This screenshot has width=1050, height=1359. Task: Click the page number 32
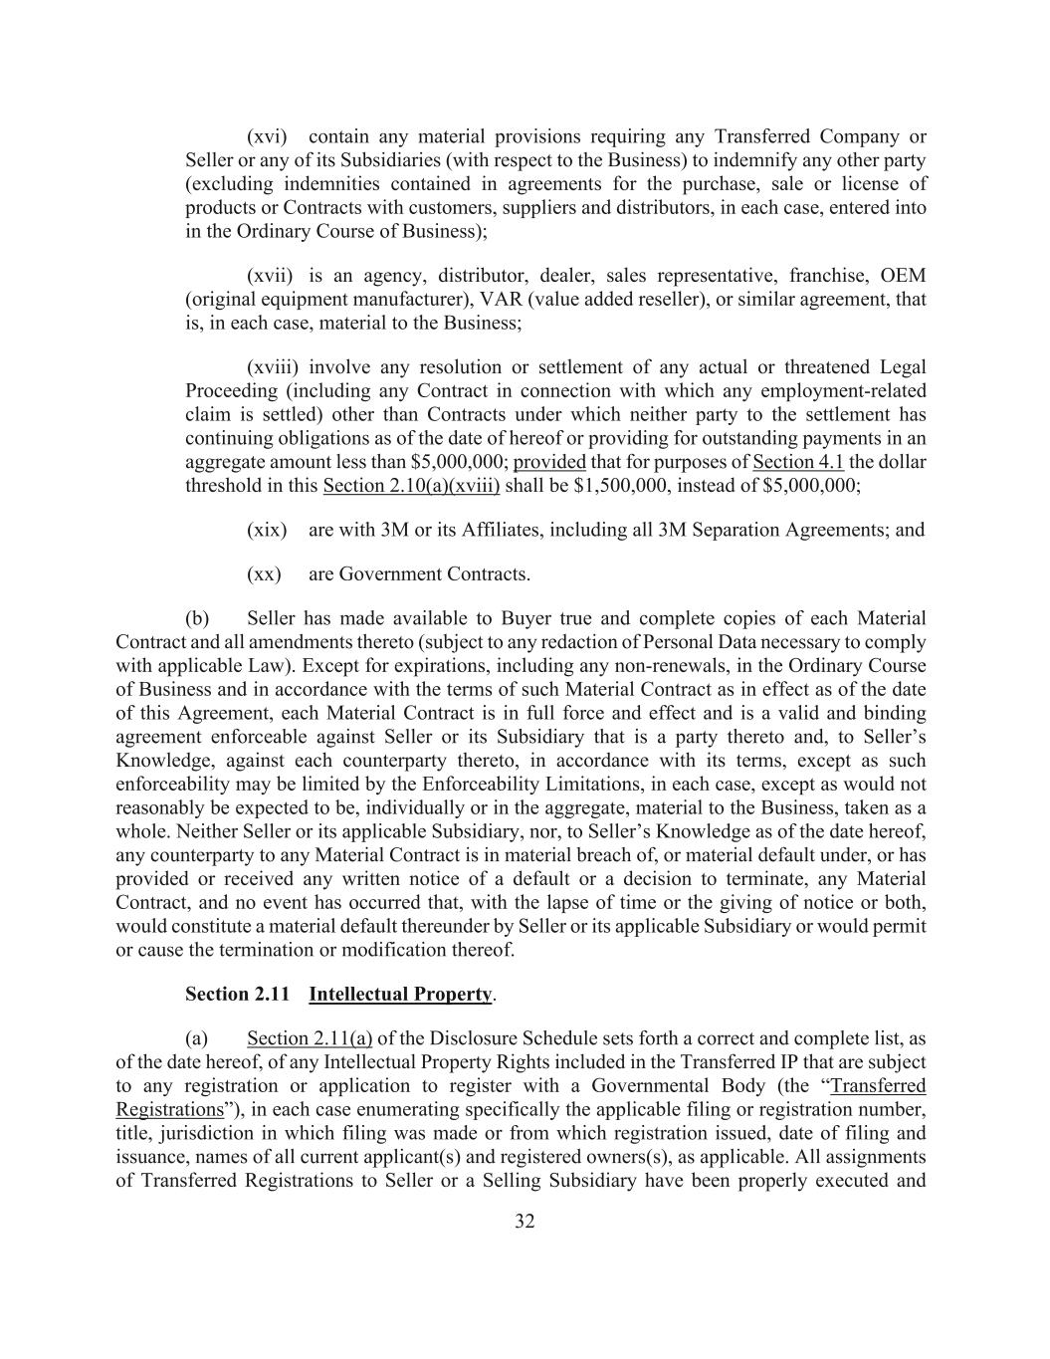525,1222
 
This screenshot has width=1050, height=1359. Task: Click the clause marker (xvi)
267,136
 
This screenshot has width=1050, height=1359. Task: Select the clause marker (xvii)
270,276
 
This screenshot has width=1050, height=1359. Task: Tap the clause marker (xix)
267,530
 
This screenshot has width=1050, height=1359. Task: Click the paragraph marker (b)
197,618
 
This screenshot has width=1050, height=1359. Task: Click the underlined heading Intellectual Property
400,995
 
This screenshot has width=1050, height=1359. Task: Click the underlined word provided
549,462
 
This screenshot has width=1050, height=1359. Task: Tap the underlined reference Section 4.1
798,462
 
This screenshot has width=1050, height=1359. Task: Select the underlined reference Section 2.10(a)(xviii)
411,486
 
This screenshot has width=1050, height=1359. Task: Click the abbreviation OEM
903,276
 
